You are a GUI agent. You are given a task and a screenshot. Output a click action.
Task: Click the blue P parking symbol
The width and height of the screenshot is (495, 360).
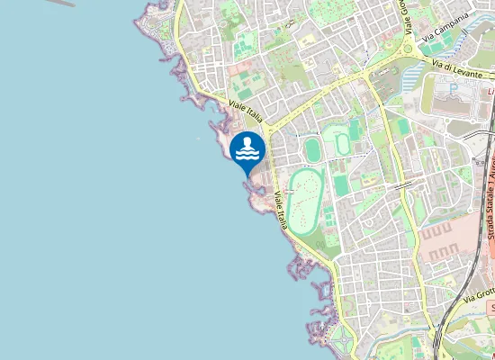[x=454, y=88]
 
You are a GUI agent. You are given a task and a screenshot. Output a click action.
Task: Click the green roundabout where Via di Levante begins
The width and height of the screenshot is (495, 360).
[x=411, y=68]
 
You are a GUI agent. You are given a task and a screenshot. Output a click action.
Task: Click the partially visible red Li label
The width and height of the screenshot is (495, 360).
[x=490, y=91]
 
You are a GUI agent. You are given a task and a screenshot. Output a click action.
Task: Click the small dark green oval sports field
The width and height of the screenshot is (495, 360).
[x=312, y=149]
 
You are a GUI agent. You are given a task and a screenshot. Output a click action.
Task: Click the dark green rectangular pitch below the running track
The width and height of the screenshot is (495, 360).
[x=341, y=185]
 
